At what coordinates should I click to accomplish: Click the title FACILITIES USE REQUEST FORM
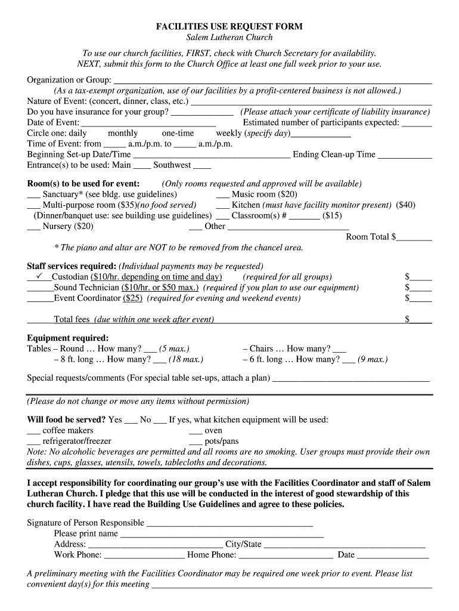[x=229, y=27]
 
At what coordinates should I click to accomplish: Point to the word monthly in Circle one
[x=123, y=133]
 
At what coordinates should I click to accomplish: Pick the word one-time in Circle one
[x=178, y=133]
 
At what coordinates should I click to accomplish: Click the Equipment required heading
[x=68, y=338]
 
